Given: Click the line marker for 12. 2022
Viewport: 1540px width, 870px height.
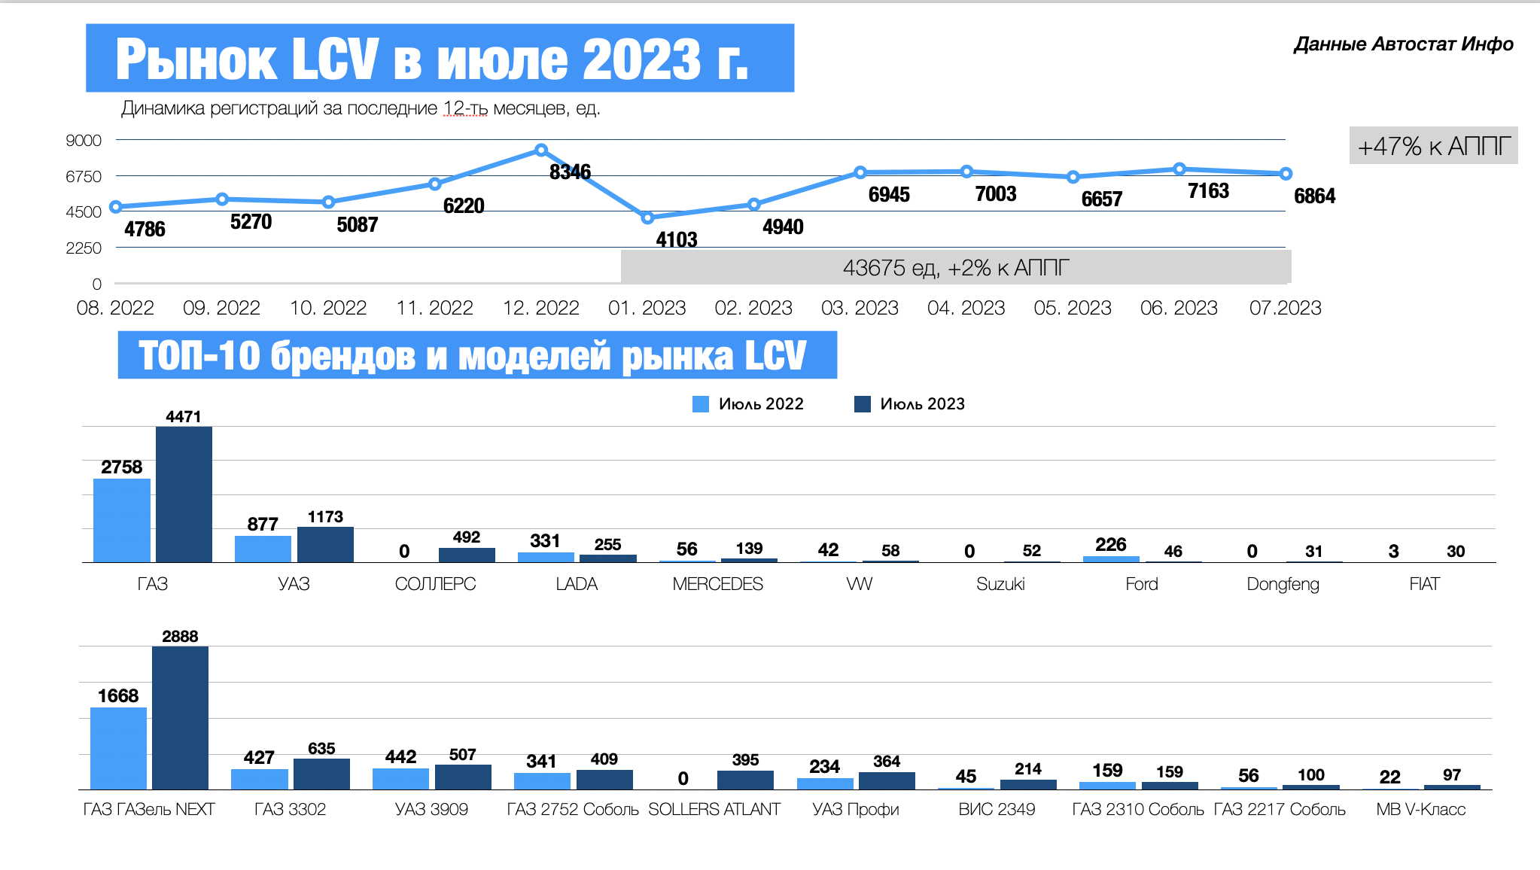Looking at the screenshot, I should click(x=540, y=151).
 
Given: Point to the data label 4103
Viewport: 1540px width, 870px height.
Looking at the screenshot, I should click(x=676, y=239).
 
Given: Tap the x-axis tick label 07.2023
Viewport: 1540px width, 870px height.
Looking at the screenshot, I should click(x=1285, y=308).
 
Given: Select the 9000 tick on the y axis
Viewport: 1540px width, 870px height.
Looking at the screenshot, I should click(x=84, y=141).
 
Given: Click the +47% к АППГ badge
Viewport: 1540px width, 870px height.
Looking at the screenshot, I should click(x=1433, y=146).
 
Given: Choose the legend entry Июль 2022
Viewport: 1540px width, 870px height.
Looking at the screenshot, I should click(x=748, y=404).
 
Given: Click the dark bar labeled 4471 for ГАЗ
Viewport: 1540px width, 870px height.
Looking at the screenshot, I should click(x=184, y=494).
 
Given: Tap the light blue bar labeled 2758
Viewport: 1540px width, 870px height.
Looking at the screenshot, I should click(x=122, y=520).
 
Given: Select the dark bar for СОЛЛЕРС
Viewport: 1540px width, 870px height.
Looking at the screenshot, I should click(x=467, y=555).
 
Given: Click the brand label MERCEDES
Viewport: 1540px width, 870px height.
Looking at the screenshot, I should click(x=717, y=584).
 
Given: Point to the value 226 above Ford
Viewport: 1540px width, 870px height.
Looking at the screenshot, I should click(x=1110, y=544).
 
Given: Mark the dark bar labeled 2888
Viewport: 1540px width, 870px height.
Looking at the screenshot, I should click(x=180, y=717).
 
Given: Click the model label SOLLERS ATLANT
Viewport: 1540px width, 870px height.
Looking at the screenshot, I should click(x=714, y=810).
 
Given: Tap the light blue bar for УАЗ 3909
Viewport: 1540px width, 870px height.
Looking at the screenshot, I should click(x=400, y=779).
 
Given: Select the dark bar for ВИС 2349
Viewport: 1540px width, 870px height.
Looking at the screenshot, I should click(x=1028, y=784).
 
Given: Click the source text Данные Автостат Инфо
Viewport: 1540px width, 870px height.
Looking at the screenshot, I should click(x=1403, y=44).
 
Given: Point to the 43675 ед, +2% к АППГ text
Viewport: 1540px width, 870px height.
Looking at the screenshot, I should click(x=955, y=268).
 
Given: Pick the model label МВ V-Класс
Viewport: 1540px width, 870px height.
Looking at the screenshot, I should click(x=1420, y=810).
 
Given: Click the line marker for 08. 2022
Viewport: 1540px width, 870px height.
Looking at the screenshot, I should click(x=115, y=207).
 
